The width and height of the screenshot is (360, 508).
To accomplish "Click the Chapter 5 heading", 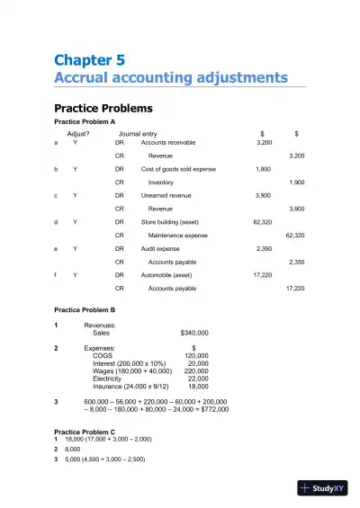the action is point(89,60).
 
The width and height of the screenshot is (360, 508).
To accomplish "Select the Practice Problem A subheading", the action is point(85,120).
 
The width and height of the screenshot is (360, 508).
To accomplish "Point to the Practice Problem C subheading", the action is point(85,432).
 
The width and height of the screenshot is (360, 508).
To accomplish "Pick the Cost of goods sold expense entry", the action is point(178,168).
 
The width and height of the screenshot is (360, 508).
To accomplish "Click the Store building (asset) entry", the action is point(170,221).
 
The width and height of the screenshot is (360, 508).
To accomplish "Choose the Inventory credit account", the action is point(162,182).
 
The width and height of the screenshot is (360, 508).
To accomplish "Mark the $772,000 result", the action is point(211,409).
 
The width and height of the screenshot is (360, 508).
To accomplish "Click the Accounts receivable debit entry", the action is point(168,142).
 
